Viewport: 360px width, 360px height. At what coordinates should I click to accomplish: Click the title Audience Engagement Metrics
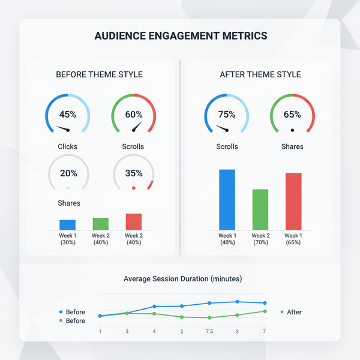click(x=181, y=36)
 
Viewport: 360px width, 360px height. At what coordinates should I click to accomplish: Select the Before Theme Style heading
click(x=99, y=74)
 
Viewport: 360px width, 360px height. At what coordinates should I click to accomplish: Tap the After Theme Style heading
click(x=260, y=74)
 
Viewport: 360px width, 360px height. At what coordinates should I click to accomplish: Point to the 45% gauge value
click(x=68, y=115)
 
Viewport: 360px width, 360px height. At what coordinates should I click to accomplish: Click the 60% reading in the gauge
click(x=134, y=115)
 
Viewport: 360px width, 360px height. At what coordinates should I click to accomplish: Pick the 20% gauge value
click(x=68, y=173)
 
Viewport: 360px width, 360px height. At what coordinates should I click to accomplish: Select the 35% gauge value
click(x=134, y=173)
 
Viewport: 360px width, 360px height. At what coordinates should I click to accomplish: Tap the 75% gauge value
click(x=227, y=115)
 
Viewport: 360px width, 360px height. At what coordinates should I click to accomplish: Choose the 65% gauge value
click(x=292, y=115)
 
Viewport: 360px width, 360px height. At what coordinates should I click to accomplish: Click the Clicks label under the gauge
click(x=67, y=146)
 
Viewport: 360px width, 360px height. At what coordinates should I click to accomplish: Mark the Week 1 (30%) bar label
click(x=67, y=239)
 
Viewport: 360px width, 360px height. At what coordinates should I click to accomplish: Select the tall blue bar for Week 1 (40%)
click(x=227, y=199)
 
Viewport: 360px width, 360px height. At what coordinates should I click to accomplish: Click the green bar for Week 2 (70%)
click(x=260, y=209)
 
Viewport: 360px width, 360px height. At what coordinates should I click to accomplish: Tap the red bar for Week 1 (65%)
click(x=293, y=201)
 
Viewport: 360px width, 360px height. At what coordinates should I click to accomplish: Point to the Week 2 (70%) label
click(x=260, y=239)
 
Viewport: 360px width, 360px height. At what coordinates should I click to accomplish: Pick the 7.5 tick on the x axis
click(x=209, y=331)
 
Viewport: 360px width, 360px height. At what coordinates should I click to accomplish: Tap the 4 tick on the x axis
click(x=154, y=331)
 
